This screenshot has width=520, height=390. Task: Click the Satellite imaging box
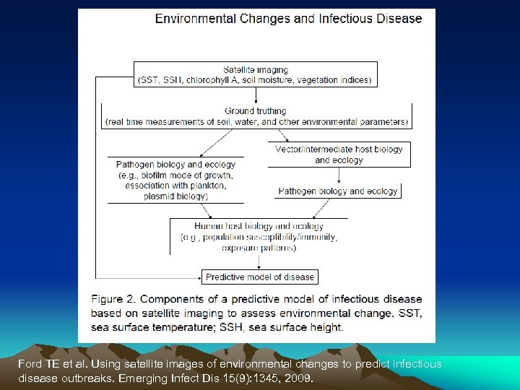256,75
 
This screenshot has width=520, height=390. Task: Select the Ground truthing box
256,116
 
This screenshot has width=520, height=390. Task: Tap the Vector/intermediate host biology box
339,155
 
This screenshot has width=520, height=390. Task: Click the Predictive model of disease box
260,277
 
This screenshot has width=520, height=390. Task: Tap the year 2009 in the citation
299,377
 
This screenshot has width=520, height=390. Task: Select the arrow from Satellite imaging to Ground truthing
256,95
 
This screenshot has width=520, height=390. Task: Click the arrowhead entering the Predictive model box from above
259,267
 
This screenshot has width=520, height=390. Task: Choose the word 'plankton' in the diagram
198,186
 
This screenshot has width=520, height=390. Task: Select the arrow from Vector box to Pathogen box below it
339,175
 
